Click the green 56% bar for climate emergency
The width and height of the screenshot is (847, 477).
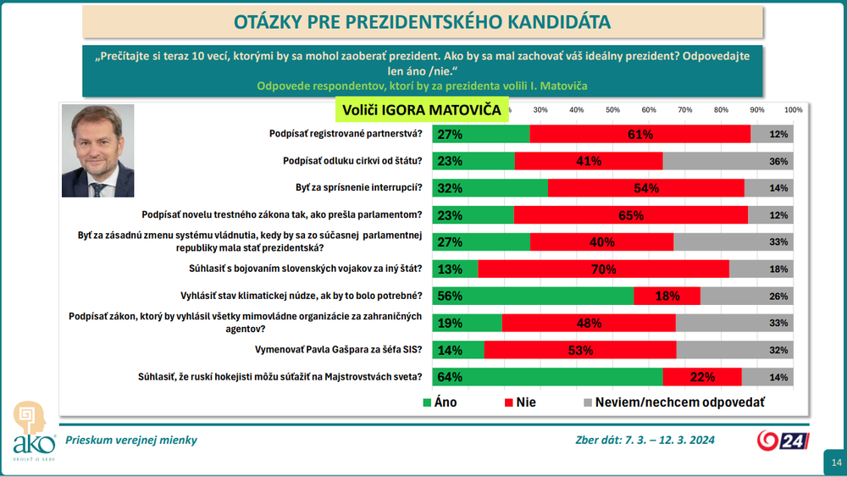coord(533,296)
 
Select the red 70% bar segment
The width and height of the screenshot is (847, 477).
coord(603,269)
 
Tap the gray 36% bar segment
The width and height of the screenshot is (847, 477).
coord(728,161)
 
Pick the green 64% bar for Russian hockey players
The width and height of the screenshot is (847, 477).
coord(547,377)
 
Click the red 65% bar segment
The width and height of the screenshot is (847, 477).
coord(631,215)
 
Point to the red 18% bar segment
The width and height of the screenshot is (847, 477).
coord(667,296)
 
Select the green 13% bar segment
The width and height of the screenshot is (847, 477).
coord(455,269)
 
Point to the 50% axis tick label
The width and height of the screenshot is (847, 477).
coord(612,110)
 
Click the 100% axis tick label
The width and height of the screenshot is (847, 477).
coord(793,110)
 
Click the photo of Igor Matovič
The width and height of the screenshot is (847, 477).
coord(98,151)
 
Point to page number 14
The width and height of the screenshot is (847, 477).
coord(836,462)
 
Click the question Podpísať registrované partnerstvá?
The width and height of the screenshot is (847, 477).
coord(344,134)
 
